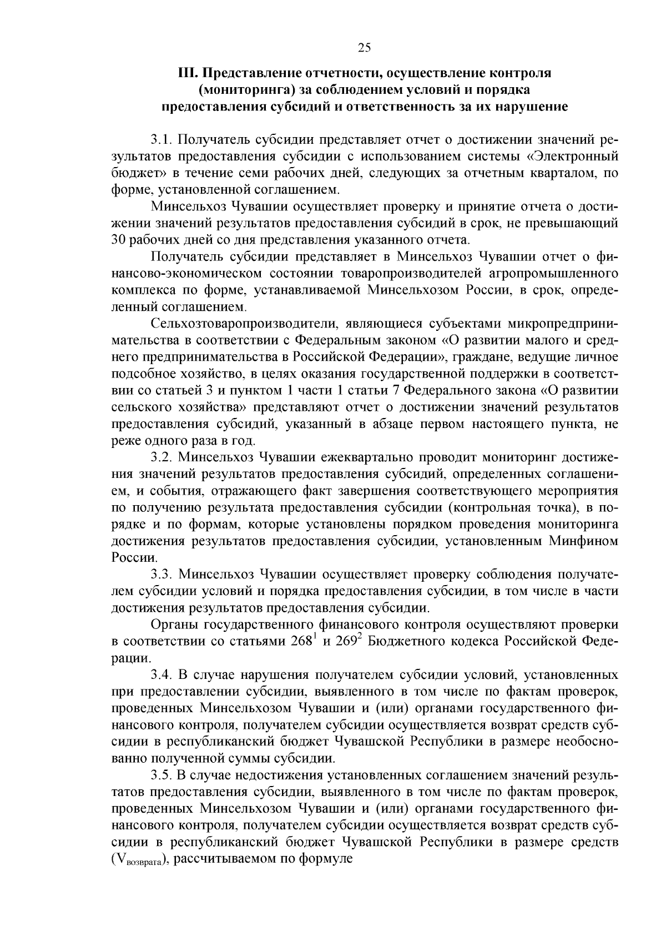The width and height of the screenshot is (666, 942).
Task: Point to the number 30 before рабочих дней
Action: pyautogui.click(x=120, y=240)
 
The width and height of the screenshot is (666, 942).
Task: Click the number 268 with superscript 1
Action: pyautogui.click(x=303, y=641)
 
